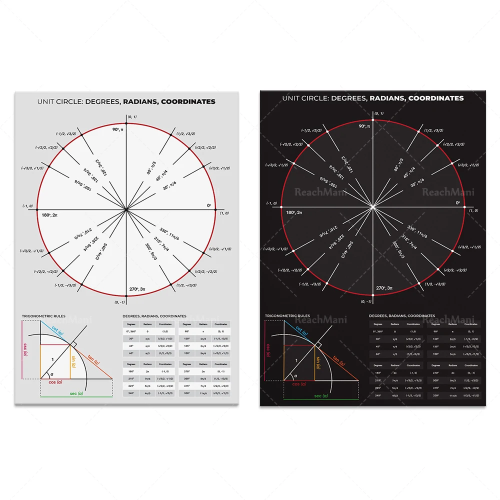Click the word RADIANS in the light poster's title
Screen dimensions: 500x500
point(138,101)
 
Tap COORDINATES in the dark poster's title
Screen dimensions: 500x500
point(436,98)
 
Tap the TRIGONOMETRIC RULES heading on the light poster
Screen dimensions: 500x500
point(44,316)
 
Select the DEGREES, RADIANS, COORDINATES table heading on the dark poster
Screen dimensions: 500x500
point(402,316)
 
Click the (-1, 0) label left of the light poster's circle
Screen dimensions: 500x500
point(27,206)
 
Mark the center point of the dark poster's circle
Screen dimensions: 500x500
point(373,206)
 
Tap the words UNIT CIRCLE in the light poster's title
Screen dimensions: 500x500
point(59,101)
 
